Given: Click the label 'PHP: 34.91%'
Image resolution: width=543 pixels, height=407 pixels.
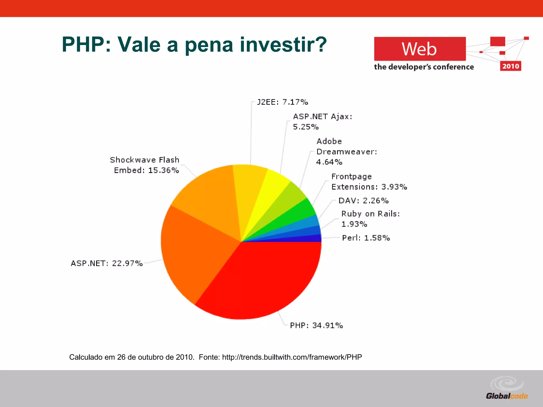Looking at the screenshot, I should pyautogui.click(x=316, y=325).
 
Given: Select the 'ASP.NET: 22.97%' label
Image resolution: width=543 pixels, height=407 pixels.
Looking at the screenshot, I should pyautogui.click(x=107, y=263).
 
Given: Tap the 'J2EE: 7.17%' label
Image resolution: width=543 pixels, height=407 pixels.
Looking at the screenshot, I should pyautogui.click(x=282, y=102).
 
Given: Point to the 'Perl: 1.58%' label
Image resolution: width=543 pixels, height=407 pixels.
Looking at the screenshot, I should pyautogui.click(x=366, y=238).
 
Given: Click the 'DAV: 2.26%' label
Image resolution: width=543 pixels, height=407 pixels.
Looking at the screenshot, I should pyautogui.click(x=364, y=201).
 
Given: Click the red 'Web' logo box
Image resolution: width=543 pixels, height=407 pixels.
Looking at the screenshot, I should pyautogui.click(x=420, y=49).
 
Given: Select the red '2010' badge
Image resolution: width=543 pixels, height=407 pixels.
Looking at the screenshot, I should pyautogui.click(x=510, y=66).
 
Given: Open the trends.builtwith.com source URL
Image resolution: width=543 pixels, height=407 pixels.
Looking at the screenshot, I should pyautogui.click(x=292, y=357).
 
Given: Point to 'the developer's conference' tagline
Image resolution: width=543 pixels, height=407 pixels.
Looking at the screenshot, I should pyautogui.click(x=424, y=67).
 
